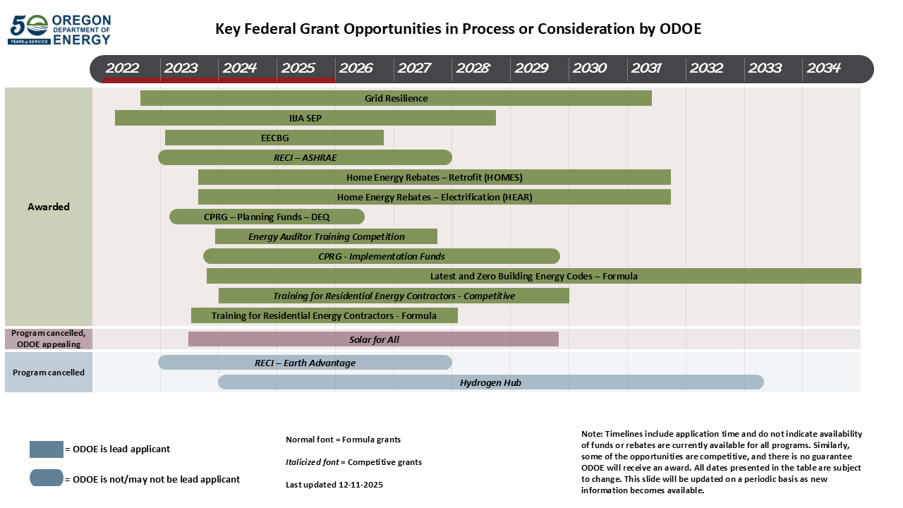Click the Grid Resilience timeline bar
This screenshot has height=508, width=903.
[396, 98]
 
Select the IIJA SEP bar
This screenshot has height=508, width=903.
[305, 118]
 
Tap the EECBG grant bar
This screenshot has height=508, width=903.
[274, 138]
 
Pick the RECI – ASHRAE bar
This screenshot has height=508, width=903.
[305, 157]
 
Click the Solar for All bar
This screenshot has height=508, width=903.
[373, 339]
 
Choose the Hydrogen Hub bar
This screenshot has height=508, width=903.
[490, 382]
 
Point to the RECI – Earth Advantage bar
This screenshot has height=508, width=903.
[305, 363]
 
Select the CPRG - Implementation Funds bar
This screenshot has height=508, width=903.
[381, 256]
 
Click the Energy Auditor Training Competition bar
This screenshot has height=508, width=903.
[326, 236]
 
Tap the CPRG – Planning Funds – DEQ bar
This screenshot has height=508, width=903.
[267, 217]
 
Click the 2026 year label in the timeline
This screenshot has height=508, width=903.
[356, 68]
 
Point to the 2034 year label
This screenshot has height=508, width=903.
[823, 68]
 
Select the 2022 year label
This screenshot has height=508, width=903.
[122, 68]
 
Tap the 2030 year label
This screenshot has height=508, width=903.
[589, 68]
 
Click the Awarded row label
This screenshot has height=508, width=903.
[49, 207]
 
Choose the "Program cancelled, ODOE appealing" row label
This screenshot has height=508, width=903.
[49, 339]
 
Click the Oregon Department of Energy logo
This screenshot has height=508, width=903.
[59, 30]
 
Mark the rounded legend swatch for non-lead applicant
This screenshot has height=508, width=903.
[47, 478]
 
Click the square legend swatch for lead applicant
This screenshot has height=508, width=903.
[47, 449]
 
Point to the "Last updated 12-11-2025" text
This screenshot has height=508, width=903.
[334, 485]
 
